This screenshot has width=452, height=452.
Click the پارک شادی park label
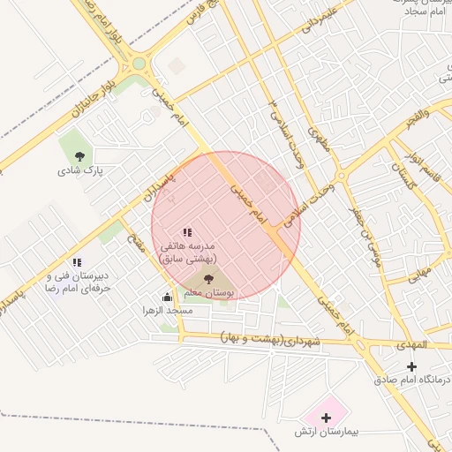tap(80, 171)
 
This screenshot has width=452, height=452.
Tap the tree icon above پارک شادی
tap(80, 155)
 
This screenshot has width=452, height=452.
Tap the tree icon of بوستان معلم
tap(209, 279)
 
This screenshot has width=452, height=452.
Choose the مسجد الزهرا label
tap(168, 311)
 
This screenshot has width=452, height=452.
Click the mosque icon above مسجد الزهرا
tap(168, 298)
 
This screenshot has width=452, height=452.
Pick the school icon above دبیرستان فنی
tap(78, 262)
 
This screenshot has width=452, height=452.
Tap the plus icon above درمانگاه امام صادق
tap(411, 366)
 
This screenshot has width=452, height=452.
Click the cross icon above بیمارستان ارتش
tap(326, 417)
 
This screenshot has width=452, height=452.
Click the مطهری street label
tap(318, 141)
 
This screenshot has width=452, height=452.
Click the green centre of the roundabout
tap(139, 63)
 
